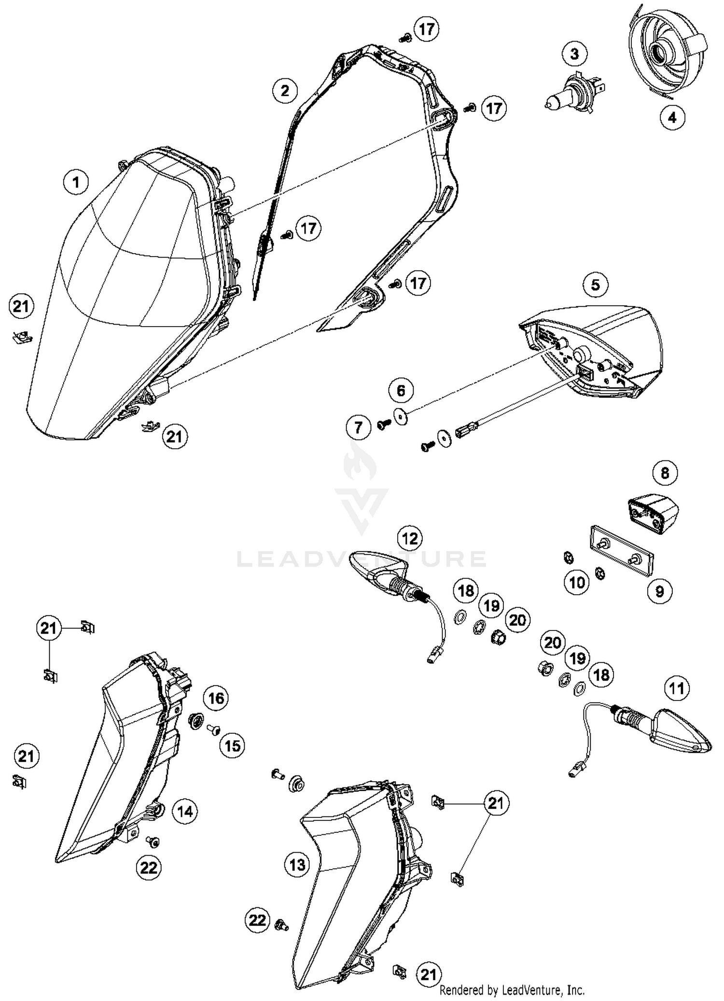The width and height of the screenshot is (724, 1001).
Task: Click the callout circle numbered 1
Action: [x=76, y=182]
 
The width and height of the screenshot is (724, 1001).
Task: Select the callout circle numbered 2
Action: [x=285, y=90]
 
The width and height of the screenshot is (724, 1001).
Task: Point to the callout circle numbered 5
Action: [x=595, y=285]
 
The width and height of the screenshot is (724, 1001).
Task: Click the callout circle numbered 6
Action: [x=401, y=389]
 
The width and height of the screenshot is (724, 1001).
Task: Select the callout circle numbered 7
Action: [x=358, y=427]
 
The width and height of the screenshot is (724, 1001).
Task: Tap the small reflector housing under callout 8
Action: [x=653, y=513]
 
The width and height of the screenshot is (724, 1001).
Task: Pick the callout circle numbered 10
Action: [x=577, y=582]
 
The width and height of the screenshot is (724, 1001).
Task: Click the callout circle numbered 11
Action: [x=676, y=688]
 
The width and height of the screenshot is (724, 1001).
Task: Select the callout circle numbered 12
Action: [x=409, y=538]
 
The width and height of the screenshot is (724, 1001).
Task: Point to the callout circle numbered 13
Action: [x=297, y=864]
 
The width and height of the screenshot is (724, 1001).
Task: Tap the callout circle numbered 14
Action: [x=185, y=811]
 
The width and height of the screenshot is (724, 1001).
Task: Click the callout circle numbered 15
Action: [x=232, y=745]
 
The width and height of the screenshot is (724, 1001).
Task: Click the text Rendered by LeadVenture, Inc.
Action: [x=512, y=990]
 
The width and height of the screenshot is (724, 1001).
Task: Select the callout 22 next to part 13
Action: [x=257, y=919]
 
